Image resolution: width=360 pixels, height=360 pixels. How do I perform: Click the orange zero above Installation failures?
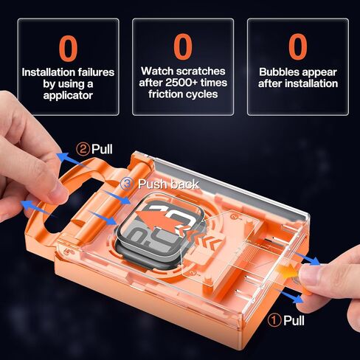coord(68,48)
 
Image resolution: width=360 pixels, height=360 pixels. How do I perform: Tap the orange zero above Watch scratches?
coord(183,46)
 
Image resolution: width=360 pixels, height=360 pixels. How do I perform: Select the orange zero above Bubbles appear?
coord(298,46)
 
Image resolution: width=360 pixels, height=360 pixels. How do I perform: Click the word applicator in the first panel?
coord(68,95)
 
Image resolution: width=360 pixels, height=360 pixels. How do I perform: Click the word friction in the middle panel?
coord(164,94)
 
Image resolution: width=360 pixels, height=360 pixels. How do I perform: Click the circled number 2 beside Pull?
coord(83,149)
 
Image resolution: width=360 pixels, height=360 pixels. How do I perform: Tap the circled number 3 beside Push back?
coord(127,184)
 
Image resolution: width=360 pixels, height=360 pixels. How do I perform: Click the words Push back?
coord(168,184)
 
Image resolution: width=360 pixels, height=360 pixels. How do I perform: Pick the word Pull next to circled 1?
coord(294,320)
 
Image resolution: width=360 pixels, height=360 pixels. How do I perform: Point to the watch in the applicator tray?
coord(161,227)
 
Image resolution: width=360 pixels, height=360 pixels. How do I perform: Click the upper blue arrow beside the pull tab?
coord(306,258)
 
